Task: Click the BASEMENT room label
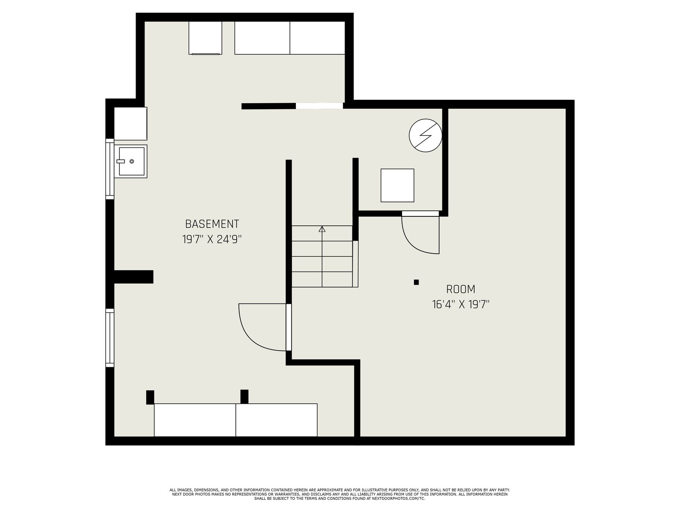[x=212, y=224]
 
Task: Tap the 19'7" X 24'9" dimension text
[x=212, y=239]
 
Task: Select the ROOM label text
[x=461, y=289]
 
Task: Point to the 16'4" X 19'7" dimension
[x=461, y=304]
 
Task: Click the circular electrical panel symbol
[x=425, y=135]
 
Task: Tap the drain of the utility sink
[x=132, y=161]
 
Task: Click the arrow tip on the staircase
[x=322, y=227]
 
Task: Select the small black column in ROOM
[x=416, y=282]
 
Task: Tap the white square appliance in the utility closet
[x=397, y=185]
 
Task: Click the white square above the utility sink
[x=130, y=124]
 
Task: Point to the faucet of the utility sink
[x=121, y=161]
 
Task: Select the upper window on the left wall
[x=110, y=169]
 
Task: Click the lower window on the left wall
[x=110, y=337]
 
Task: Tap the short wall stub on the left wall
[x=133, y=277]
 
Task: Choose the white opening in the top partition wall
[x=320, y=105]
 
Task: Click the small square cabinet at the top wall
[x=205, y=38]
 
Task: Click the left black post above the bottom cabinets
[x=150, y=397]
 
